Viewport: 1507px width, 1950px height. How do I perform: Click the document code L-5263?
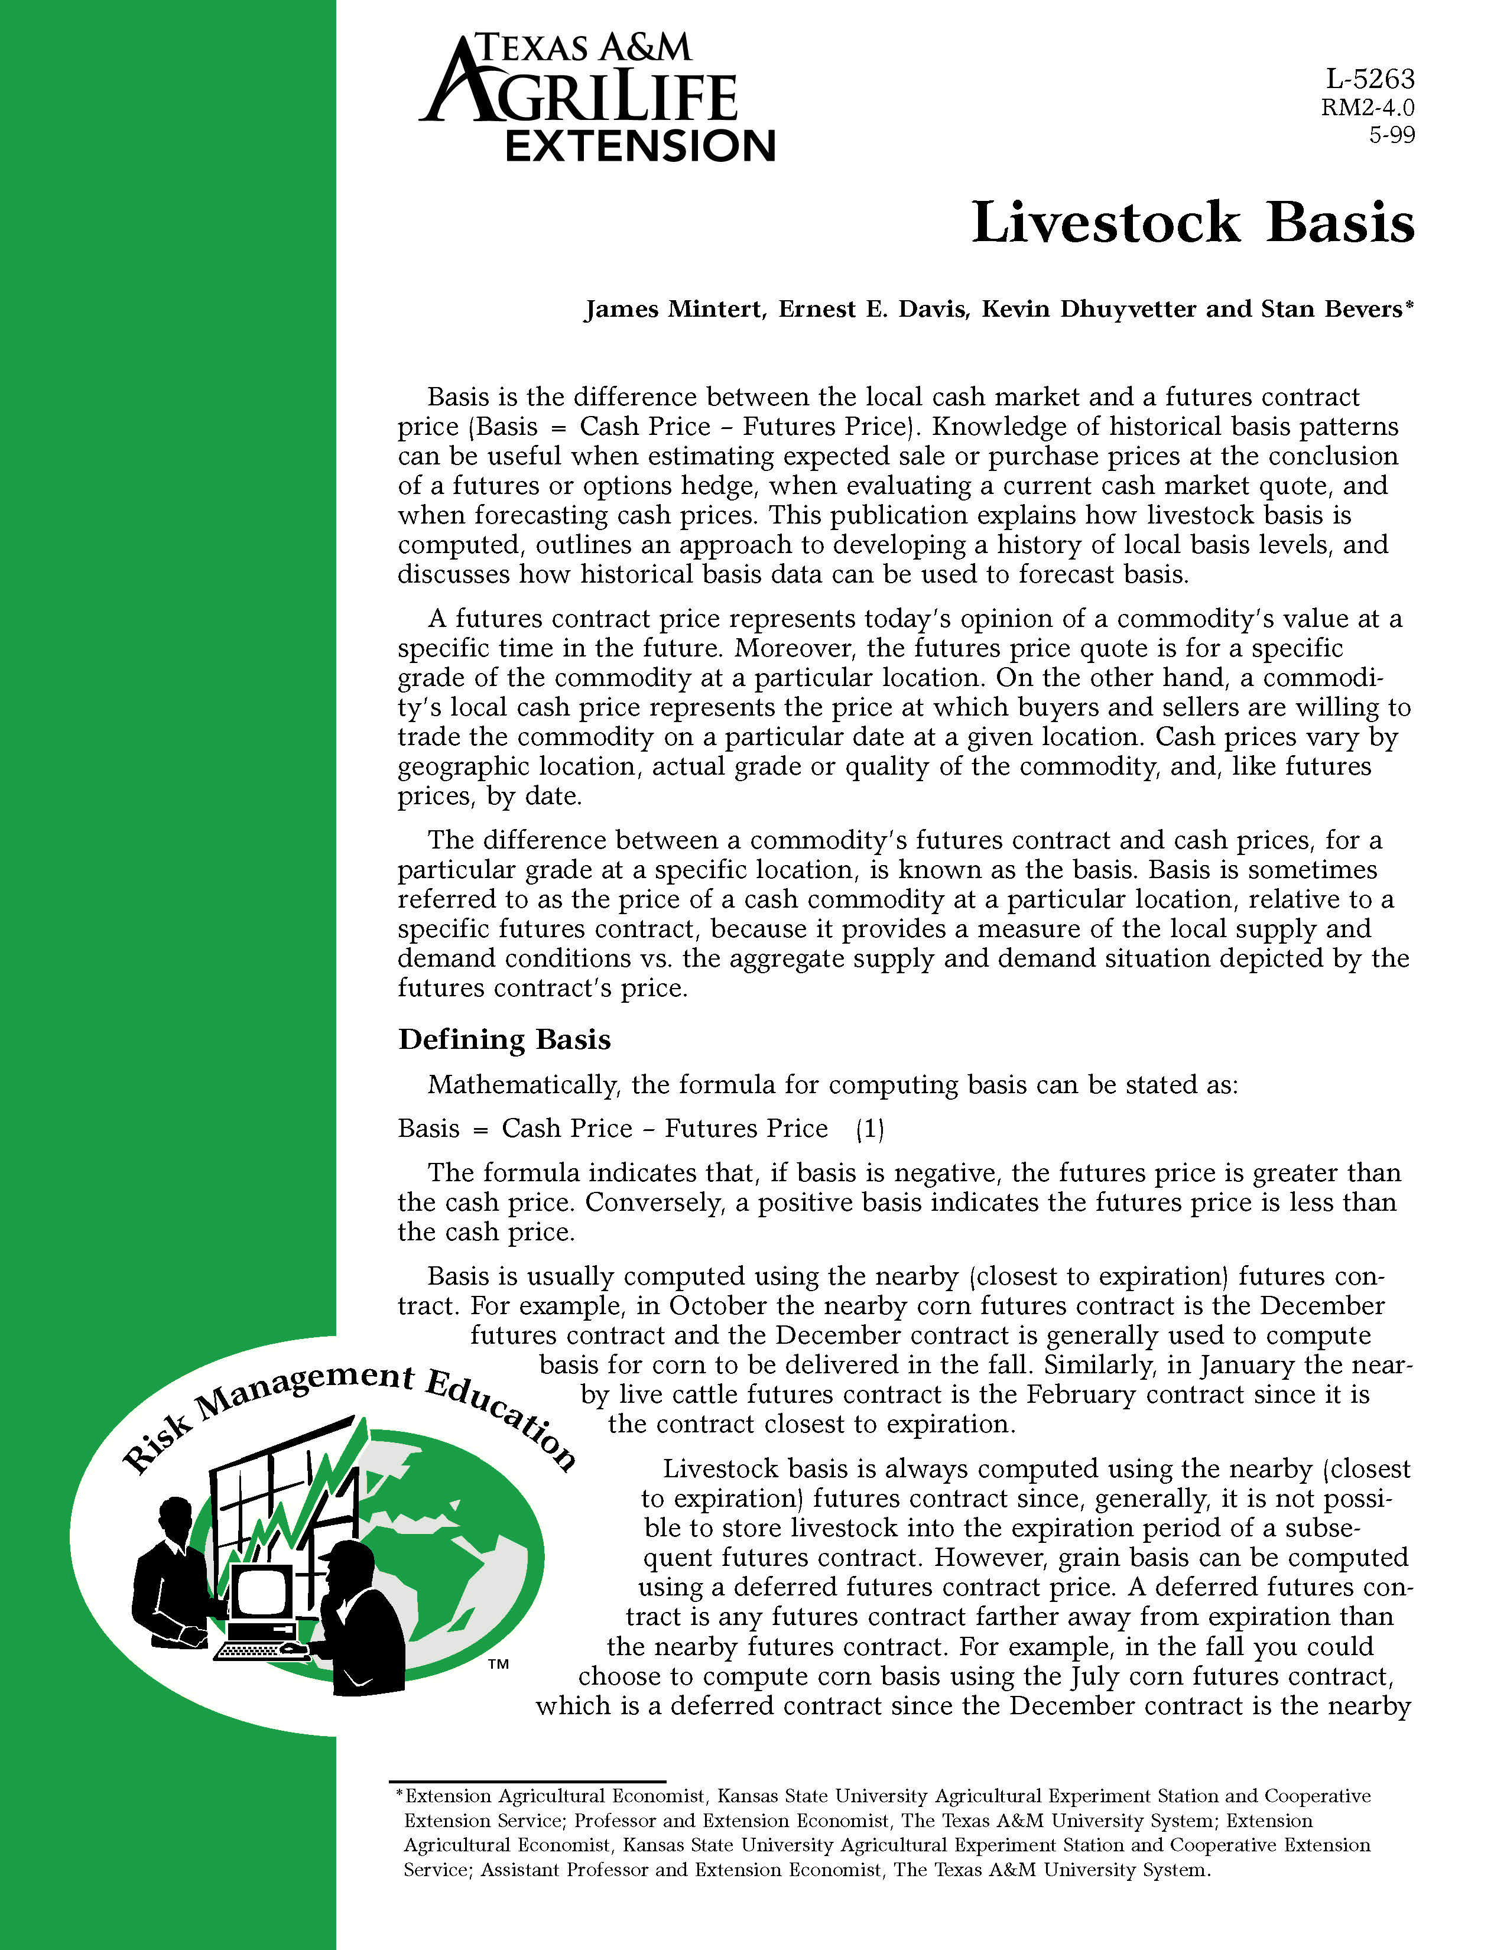click(x=1369, y=79)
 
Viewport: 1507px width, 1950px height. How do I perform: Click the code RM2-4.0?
click(x=1367, y=108)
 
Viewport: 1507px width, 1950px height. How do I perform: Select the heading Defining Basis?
click(x=505, y=1039)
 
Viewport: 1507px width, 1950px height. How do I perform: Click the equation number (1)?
click(x=869, y=1129)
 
